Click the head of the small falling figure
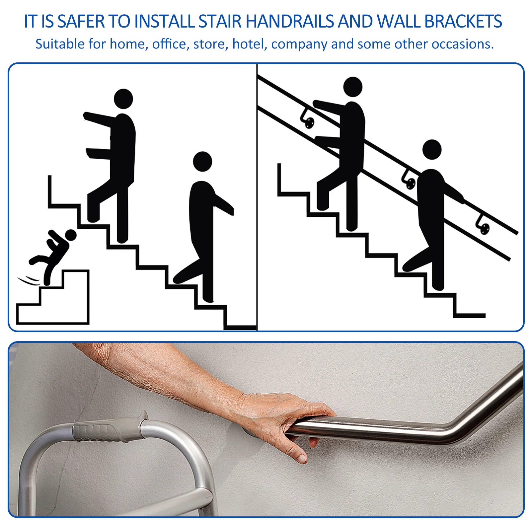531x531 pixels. pyautogui.click(x=71, y=235)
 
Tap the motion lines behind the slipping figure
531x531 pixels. pyautogui.click(x=29, y=280)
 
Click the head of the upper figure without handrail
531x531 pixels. pyautogui.click(x=123, y=99)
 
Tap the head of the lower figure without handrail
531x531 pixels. pyautogui.click(x=202, y=162)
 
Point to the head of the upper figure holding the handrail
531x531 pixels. pyautogui.click(x=352, y=87)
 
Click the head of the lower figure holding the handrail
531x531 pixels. pyautogui.click(x=432, y=150)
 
